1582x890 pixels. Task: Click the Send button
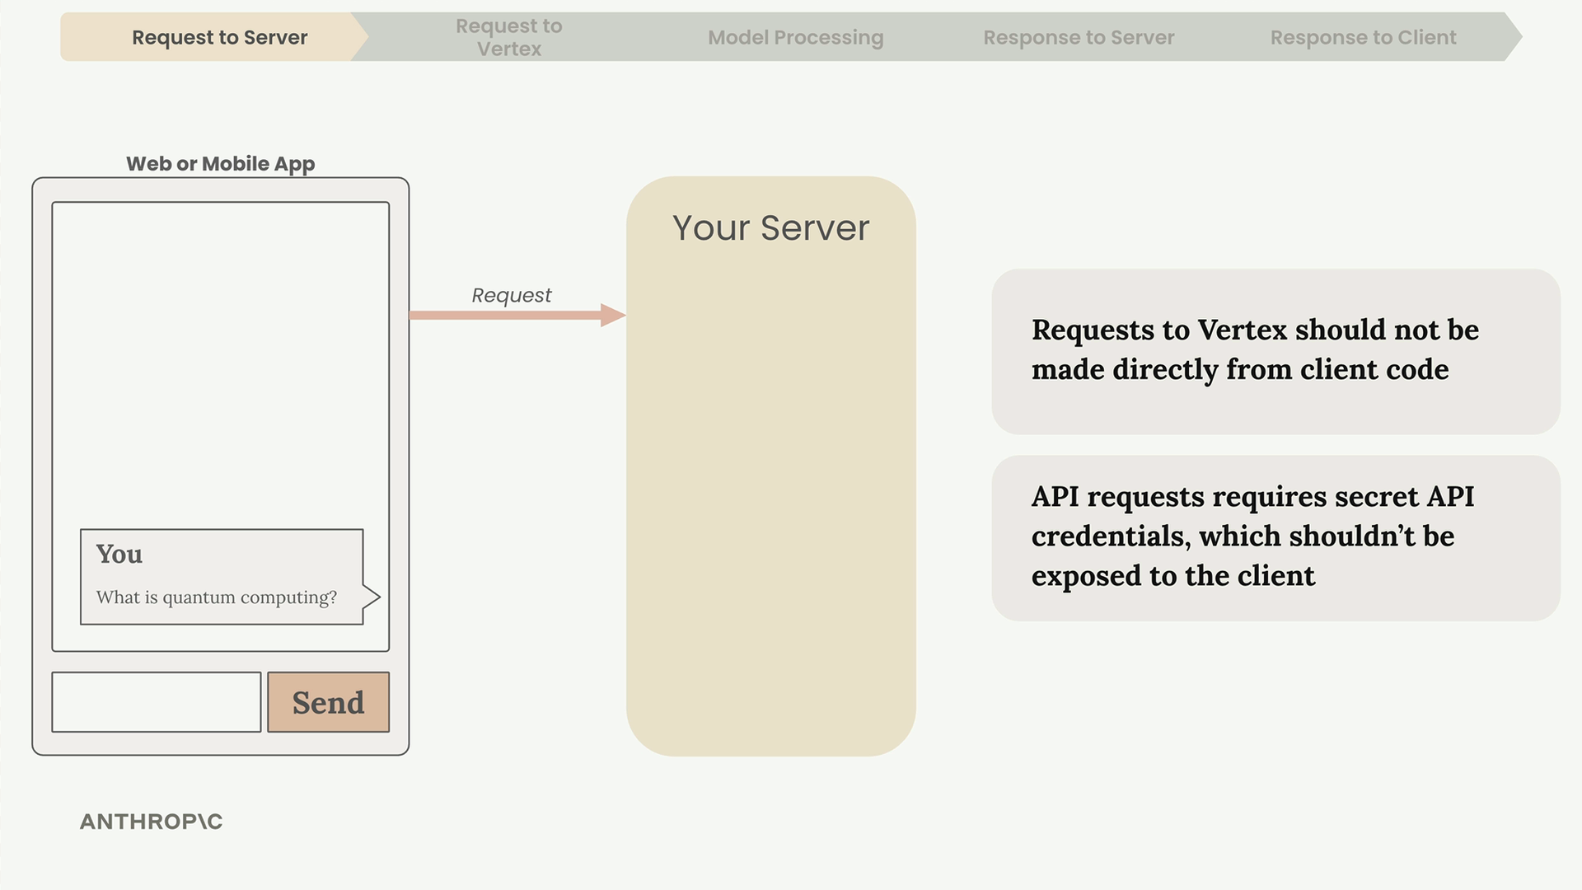point(328,702)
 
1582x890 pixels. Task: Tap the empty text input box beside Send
point(157,702)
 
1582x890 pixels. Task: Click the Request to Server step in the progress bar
point(219,37)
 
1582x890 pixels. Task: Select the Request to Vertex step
point(509,37)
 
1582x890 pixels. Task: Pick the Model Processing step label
point(795,37)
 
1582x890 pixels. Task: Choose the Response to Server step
point(1079,37)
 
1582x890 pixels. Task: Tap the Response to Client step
point(1363,37)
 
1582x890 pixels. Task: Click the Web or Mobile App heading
point(220,164)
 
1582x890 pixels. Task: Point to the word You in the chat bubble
point(119,554)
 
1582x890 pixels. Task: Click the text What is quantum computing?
point(217,597)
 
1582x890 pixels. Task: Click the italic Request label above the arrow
point(512,295)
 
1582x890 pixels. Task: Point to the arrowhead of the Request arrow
point(625,315)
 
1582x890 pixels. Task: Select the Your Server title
point(770,227)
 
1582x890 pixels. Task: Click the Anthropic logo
point(152,822)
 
